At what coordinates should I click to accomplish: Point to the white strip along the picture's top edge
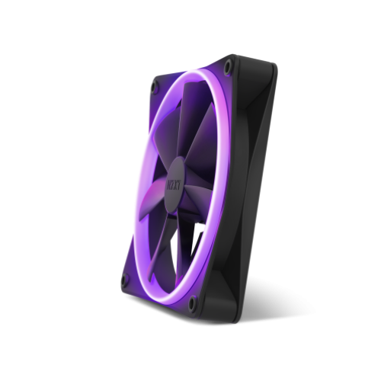pos(190,23)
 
